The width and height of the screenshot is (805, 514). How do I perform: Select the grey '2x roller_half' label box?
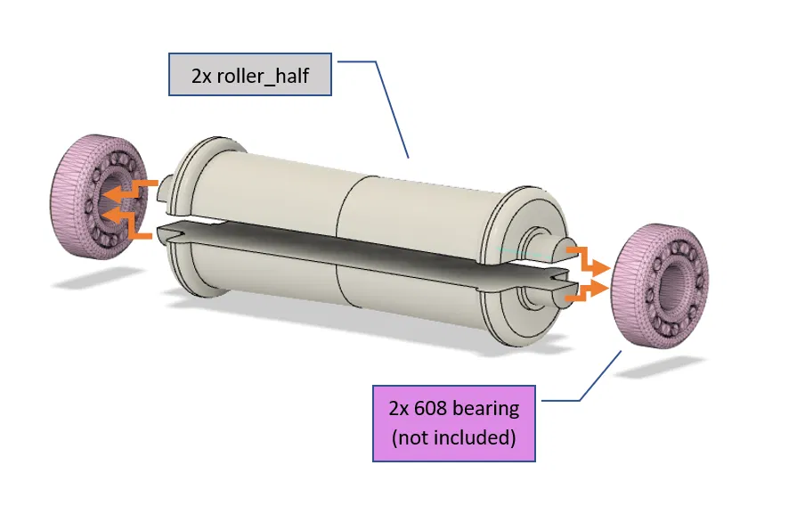tap(250, 75)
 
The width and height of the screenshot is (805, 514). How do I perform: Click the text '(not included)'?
tap(453, 437)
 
